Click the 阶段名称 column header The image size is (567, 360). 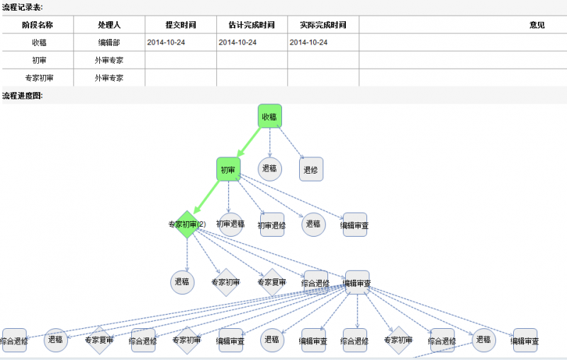(38, 25)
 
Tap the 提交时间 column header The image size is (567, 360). (181, 25)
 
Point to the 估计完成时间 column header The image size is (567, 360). (252, 25)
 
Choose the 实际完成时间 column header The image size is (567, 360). (322, 25)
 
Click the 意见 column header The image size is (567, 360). (537, 25)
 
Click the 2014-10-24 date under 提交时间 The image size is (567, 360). (167, 43)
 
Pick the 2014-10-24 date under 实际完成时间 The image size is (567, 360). (308, 43)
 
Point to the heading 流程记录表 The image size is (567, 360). (22, 6)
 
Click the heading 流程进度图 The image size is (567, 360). (22, 96)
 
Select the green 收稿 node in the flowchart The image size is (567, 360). (269, 116)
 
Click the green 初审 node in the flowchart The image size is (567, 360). (228, 169)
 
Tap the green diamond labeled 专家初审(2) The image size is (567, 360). (186, 224)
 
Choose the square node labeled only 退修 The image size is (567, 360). (310, 169)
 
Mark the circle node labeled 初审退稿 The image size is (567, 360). (230, 225)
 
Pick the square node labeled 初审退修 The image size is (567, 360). (271, 225)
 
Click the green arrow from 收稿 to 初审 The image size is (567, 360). (249, 142)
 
